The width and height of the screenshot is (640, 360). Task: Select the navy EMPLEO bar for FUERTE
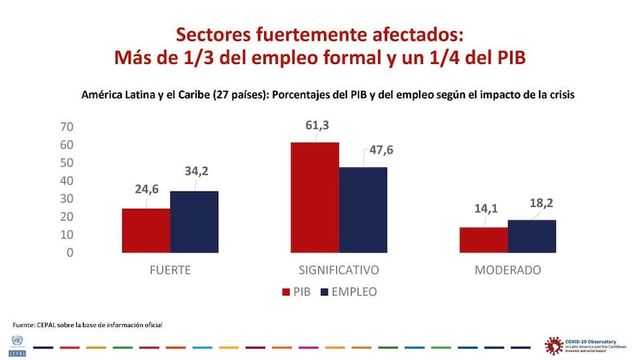point(194,222)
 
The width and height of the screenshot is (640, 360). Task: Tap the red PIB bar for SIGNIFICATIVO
point(315,198)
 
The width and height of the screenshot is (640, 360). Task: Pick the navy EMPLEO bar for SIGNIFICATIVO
point(363,210)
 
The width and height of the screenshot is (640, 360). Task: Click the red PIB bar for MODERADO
point(484,240)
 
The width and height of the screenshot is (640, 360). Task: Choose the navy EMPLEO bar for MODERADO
point(532,236)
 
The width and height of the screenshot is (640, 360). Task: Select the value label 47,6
point(379,150)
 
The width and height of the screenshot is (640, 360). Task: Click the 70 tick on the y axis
point(67,127)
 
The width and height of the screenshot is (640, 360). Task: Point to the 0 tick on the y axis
point(70,253)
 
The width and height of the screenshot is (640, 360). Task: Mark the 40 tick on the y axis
point(67,181)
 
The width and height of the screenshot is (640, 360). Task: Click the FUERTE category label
point(170,270)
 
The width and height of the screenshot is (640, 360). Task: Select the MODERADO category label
point(508,270)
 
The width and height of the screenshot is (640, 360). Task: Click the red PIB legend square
point(284,293)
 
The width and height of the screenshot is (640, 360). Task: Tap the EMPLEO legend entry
point(348,292)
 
